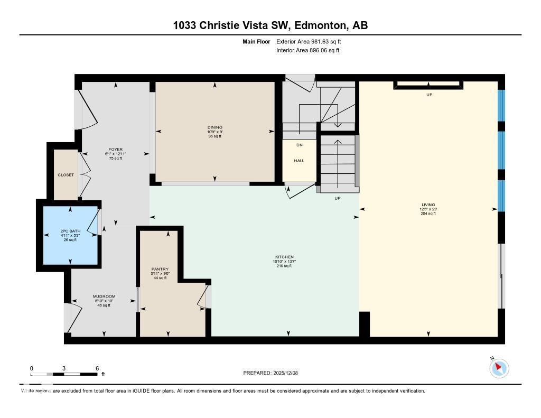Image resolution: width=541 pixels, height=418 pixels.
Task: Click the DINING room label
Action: click(214, 127)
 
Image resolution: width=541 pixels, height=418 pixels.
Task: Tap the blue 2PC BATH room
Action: click(70, 236)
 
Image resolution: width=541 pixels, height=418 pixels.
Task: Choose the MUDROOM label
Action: click(104, 296)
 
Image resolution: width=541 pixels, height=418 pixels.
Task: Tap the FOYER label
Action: click(115, 150)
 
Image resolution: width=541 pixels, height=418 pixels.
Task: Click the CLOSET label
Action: click(66, 175)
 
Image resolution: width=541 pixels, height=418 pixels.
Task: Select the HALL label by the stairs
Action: click(299, 161)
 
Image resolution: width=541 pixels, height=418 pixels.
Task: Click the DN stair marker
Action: click(299, 145)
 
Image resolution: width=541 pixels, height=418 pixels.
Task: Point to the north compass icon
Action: click(499, 368)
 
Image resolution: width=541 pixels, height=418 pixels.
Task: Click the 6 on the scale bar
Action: click(97, 368)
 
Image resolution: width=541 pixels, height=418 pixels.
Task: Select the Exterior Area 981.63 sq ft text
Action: click(312, 41)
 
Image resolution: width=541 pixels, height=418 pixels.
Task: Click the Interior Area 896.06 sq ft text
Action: click(307, 51)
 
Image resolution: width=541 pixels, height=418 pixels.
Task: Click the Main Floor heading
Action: click(256, 41)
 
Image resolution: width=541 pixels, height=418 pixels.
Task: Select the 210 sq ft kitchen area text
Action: click(284, 266)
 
